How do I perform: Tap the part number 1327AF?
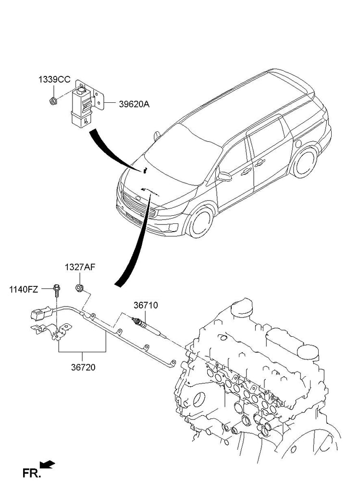pyautogui.click(x=80, y=267)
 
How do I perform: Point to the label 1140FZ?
pyautogui.click(x=24, y=289)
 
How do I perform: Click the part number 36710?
pyautogui.click(x=146, y=305)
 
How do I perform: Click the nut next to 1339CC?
pyautogui.click(x=53, y=100)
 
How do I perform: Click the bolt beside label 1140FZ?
pyautogui.click(x=57, y=289)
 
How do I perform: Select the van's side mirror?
pyautogui.click(x=224, y=176)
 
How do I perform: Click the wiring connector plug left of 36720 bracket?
pyautogui.click(x=38, y=316)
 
